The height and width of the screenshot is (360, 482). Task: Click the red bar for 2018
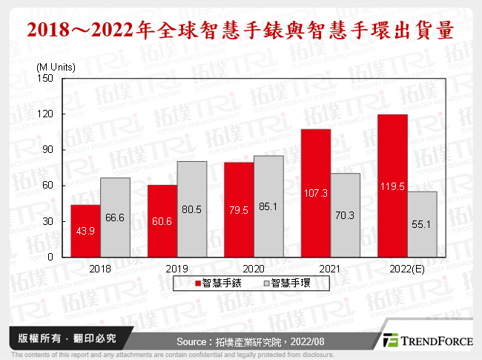coord(85,231)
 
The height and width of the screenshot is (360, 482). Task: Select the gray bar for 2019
coord(191,209)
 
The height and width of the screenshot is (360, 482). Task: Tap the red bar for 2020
coord(239,209)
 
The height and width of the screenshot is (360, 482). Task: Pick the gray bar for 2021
coord(346,215)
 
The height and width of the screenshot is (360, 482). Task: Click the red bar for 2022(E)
coord(392,186)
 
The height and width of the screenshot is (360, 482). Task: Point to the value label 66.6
coord(116,217)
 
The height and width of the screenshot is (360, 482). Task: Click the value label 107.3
coord(315,193)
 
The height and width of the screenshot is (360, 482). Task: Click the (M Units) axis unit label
coord(56,67)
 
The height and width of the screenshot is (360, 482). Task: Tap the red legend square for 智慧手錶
coord(198,283)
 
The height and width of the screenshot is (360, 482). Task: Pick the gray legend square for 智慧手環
coord(265,283)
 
